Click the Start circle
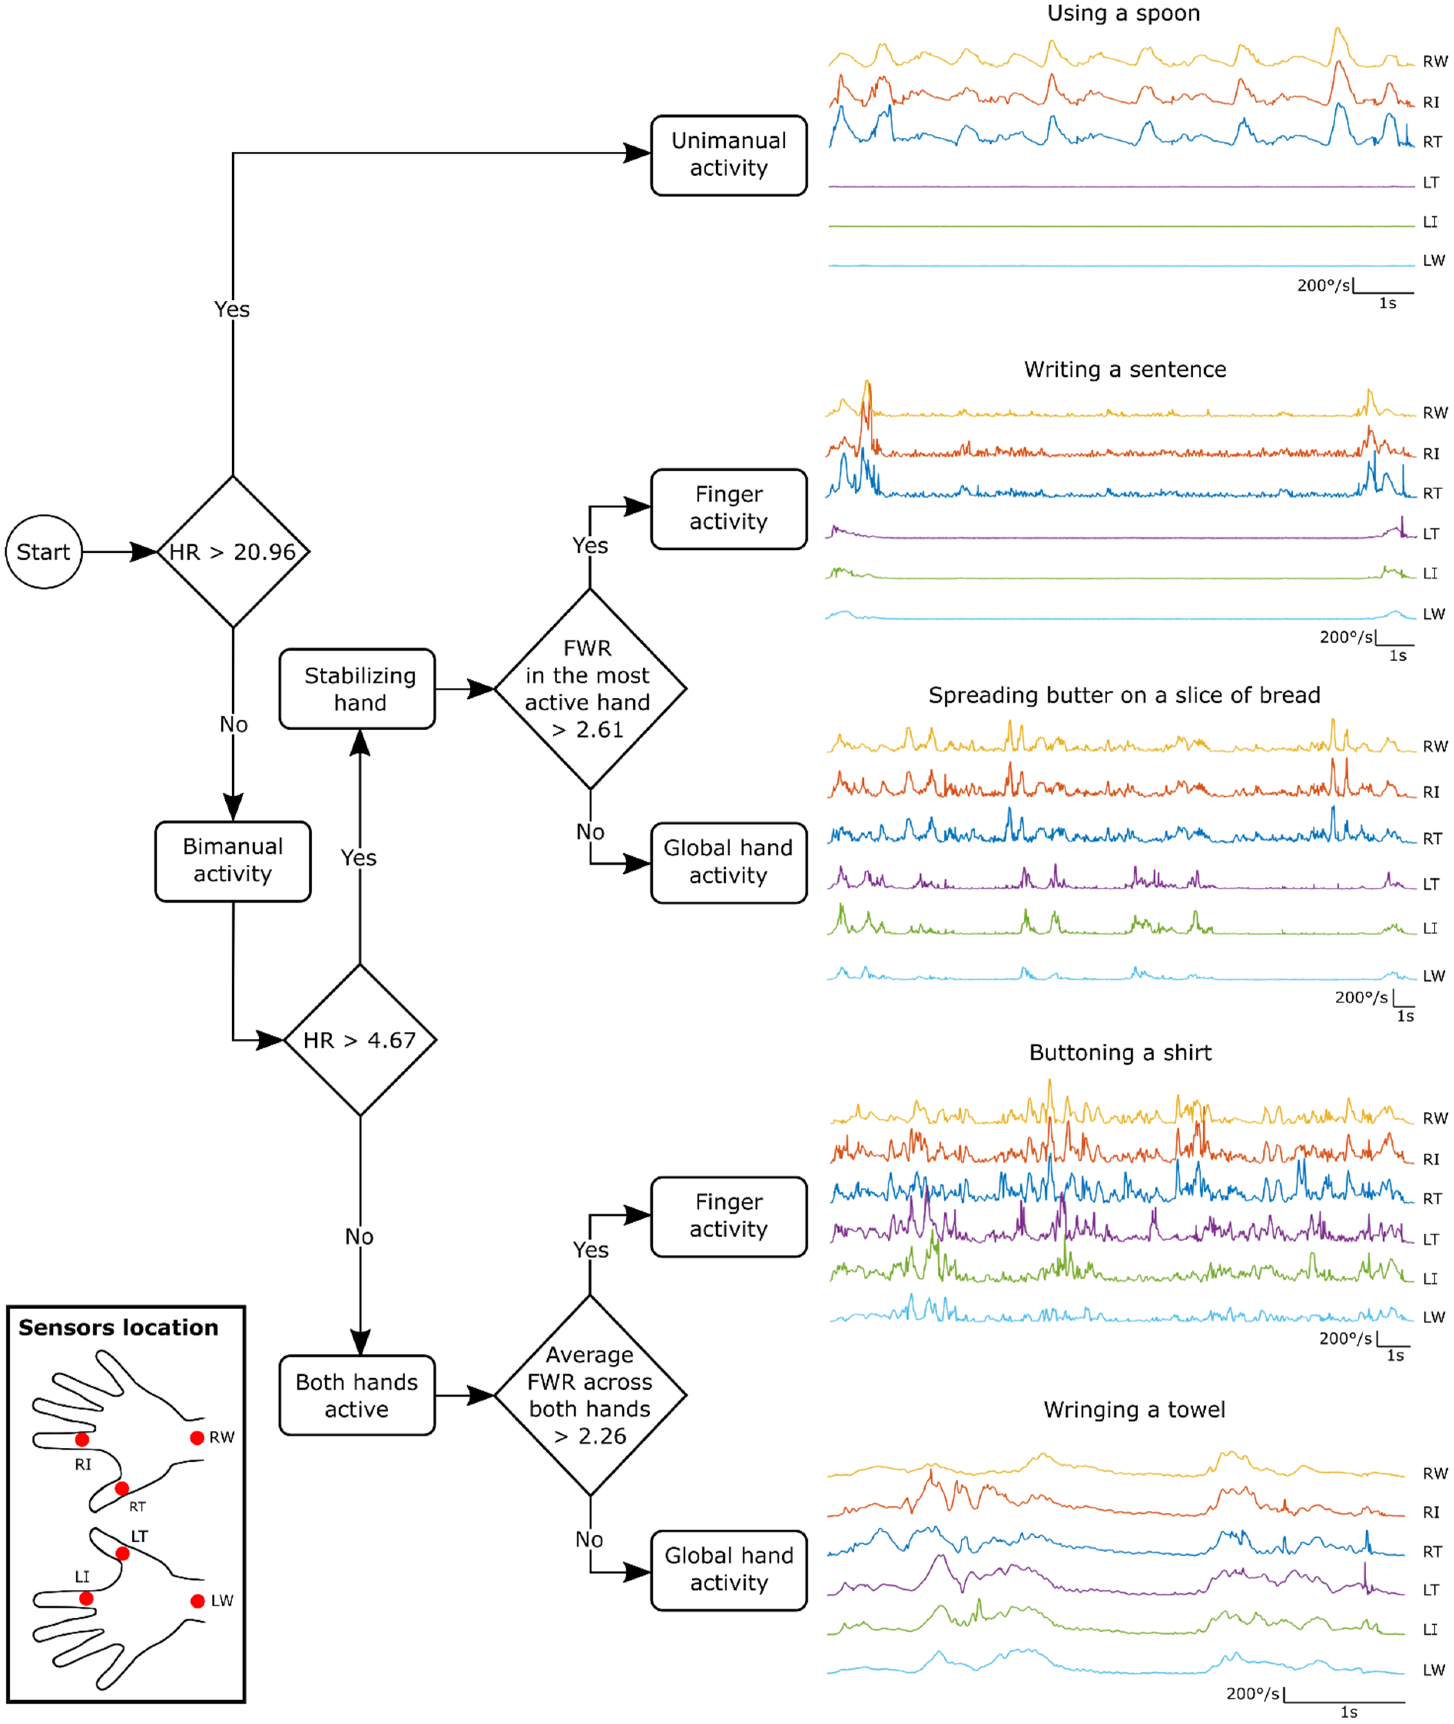click(44, 552)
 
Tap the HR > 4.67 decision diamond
click(360, 1040)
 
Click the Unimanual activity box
click(729, 155)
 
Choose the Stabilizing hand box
click(358, 689)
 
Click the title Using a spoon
click(1124, 13)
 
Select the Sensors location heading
click(119, 1328)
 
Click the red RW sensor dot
click(197, 1438)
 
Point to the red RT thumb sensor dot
click(122, 1488)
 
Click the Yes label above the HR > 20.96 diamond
click(232, 309)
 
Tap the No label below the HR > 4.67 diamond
click(360, 1237)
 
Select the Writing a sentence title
click(1125, 369)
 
